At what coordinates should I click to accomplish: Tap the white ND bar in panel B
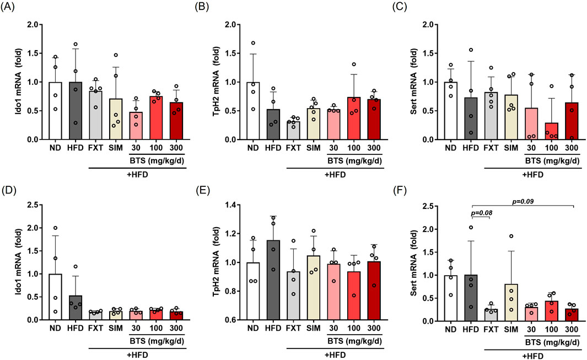point(253,110)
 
